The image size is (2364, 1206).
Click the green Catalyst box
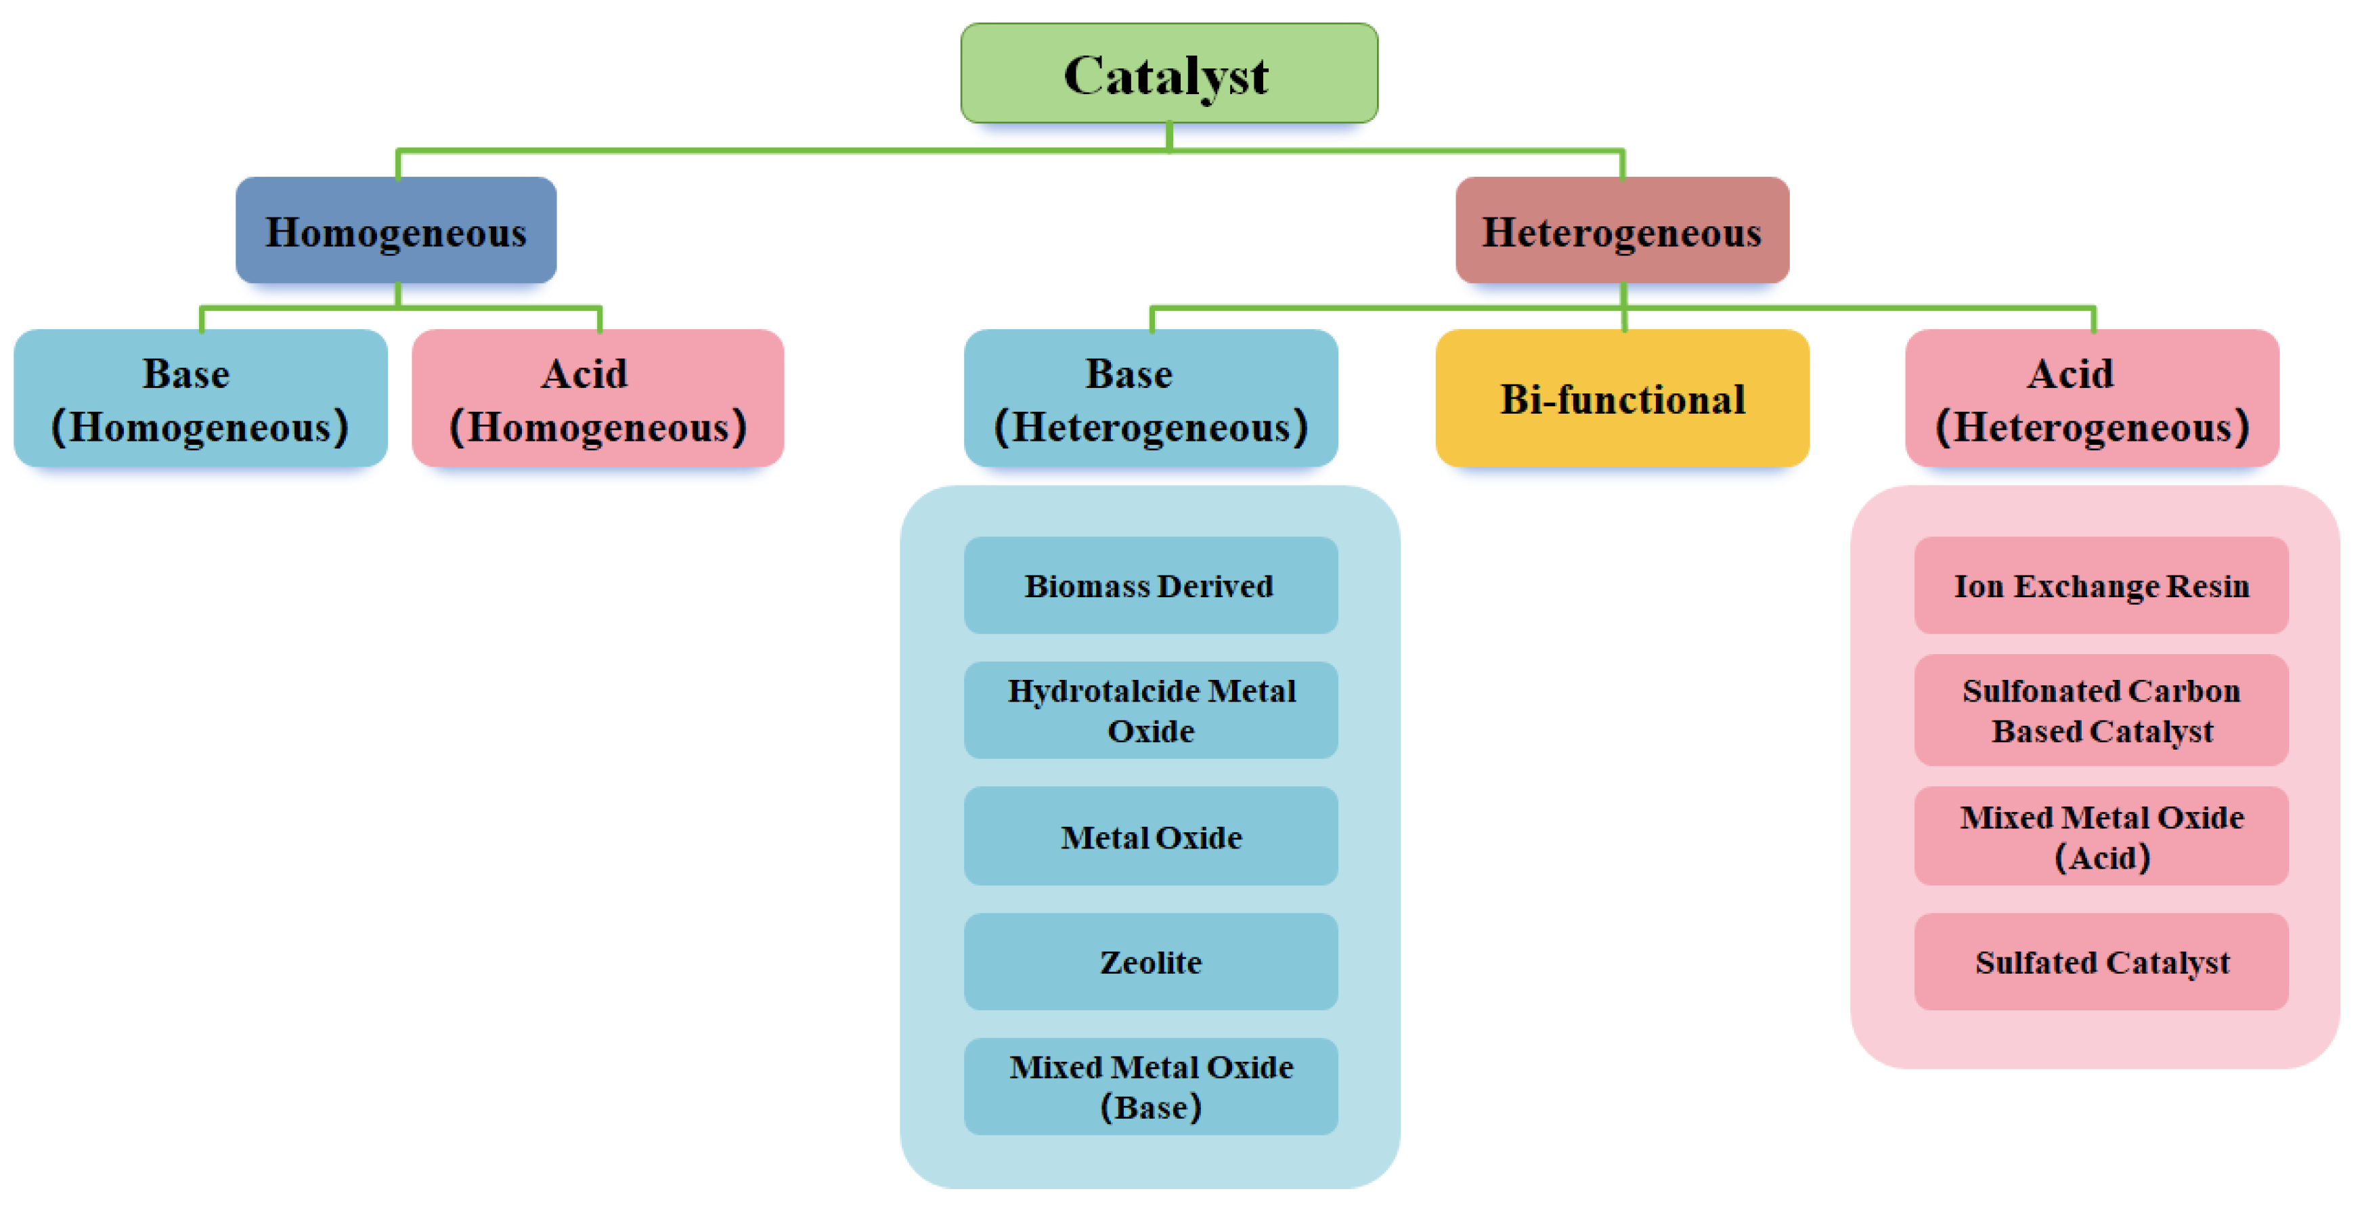(1168, 73)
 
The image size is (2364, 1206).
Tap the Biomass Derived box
(1150, 586)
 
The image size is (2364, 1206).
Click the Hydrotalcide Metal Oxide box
(1150, 710)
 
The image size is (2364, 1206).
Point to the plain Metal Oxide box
(1150, 836)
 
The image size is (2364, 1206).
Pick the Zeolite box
(1150, 962)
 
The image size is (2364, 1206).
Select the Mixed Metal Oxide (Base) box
(1150, 1087)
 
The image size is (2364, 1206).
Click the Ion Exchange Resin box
(2101, 586)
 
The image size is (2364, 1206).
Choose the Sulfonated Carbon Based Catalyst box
(2101, 710)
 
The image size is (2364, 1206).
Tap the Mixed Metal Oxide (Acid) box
(2101, 836)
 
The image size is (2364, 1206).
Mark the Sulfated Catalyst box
(2101, 962)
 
